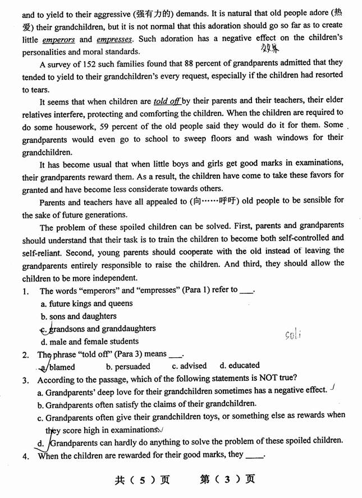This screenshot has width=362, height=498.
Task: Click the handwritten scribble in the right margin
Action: pos(293,335)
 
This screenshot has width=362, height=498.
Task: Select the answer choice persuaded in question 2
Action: pos(128,366)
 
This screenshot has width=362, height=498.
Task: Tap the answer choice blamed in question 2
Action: pos(61,367)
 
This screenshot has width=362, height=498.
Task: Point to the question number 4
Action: pos(25,455)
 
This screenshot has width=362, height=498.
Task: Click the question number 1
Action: pos(25,291)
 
